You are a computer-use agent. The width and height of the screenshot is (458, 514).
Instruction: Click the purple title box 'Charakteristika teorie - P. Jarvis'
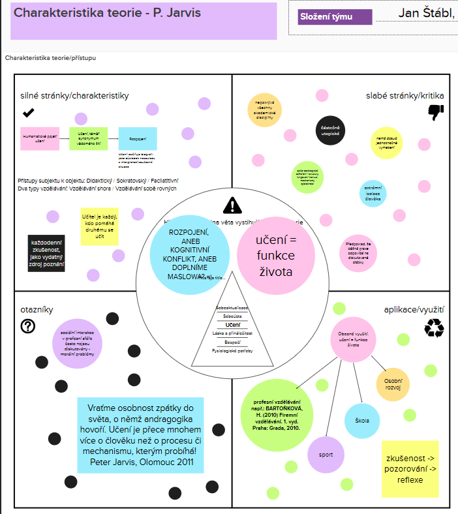[144, 20]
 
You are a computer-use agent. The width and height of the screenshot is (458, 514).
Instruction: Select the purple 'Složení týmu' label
[335, 18]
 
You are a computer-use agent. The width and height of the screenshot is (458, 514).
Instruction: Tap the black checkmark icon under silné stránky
[29, 113]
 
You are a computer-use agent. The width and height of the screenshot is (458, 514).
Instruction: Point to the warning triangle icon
[232, 206]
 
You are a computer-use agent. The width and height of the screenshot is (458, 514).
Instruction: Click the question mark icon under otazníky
[28, 326]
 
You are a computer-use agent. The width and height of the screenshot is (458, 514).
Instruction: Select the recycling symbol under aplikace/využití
[434, 327]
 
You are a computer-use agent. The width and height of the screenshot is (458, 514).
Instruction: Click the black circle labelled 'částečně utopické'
[330, 129]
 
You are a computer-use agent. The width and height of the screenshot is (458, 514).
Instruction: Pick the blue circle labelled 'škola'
[362, 421]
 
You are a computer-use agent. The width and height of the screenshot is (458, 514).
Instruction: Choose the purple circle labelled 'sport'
[326, 454]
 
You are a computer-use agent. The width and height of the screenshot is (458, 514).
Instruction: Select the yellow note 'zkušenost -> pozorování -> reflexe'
[410, 468]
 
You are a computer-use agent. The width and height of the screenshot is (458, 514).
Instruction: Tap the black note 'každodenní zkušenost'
[47, 254]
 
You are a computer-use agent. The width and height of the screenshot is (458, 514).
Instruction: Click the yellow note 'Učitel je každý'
[99, 226]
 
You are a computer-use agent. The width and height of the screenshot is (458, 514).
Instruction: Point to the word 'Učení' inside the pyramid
[233, 325]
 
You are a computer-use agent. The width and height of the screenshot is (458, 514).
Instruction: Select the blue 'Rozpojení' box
[137, 139]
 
